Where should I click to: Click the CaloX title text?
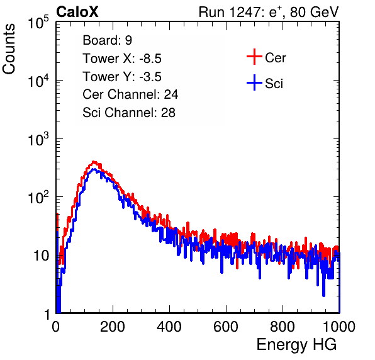(77, 12)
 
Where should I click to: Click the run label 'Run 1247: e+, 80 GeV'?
(269, 12)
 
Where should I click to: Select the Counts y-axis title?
(9, 49)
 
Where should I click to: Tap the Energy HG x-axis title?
(296, 345)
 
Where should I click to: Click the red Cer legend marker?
(254, 57)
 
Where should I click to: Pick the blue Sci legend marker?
(254, 82)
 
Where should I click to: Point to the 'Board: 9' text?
(107, 40)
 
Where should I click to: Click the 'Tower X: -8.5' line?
(122, 59)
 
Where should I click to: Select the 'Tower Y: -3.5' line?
(122, 77)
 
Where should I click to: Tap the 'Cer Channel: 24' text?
(130, 94)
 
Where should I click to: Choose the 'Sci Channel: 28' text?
(129, 113)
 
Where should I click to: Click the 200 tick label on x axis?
(113, 327)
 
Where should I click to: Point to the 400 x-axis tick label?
(169, 327)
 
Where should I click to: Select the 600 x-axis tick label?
(226, 327)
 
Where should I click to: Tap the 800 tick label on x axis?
(283, 327)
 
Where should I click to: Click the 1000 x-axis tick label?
(339, 327)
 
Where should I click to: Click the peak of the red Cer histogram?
(94, 162)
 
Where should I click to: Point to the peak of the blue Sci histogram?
(94, 169)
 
